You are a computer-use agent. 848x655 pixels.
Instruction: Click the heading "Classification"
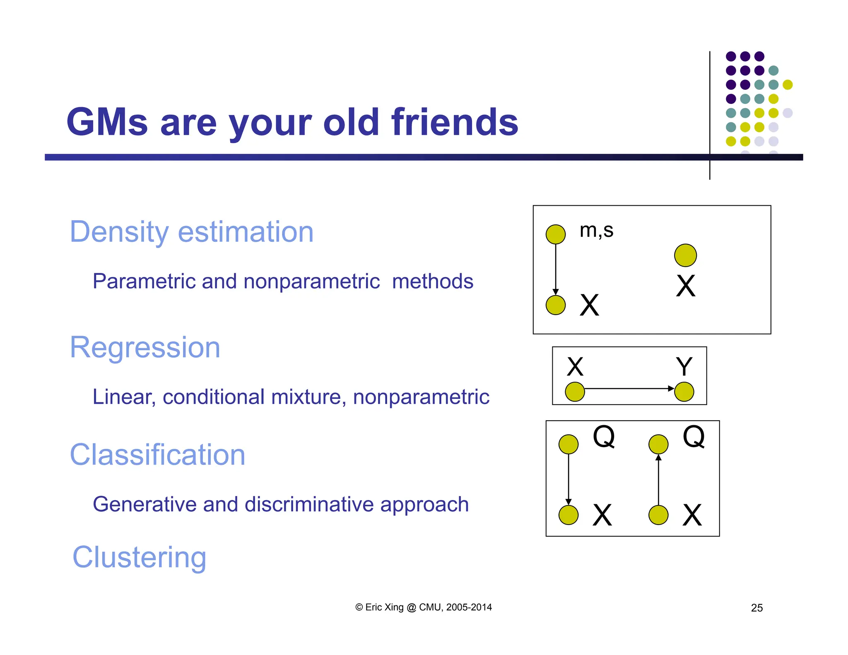157,455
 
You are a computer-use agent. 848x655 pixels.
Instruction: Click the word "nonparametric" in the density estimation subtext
311,282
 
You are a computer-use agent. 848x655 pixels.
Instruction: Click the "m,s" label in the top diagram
596,230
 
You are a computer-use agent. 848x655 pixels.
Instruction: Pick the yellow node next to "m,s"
556,234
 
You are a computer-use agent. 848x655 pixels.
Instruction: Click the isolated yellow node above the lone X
685,255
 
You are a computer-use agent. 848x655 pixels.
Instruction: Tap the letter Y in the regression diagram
684,366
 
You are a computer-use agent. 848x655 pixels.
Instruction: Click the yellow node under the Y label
684,392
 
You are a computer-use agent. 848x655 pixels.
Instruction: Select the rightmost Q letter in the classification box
694,436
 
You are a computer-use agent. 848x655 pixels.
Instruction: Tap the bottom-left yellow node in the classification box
569,515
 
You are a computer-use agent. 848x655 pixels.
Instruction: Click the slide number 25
756,608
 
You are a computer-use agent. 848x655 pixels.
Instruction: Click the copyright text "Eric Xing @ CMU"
423,607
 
